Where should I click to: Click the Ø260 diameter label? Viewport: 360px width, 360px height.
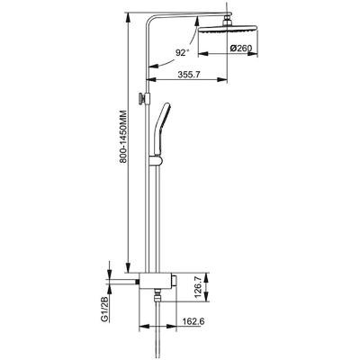[240, 48]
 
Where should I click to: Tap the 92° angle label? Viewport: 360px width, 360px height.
[182, 53]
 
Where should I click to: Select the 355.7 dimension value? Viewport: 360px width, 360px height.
[189, 75]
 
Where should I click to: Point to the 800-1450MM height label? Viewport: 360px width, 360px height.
[123, 137]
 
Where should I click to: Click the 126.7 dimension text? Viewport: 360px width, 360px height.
[197, 287]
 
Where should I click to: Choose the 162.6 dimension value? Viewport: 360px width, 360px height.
[193, 321]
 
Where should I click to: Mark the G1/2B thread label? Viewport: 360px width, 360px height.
[104, 310]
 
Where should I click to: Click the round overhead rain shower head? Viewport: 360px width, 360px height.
[228, 29]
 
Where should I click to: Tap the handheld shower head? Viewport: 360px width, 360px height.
[161, 129]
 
